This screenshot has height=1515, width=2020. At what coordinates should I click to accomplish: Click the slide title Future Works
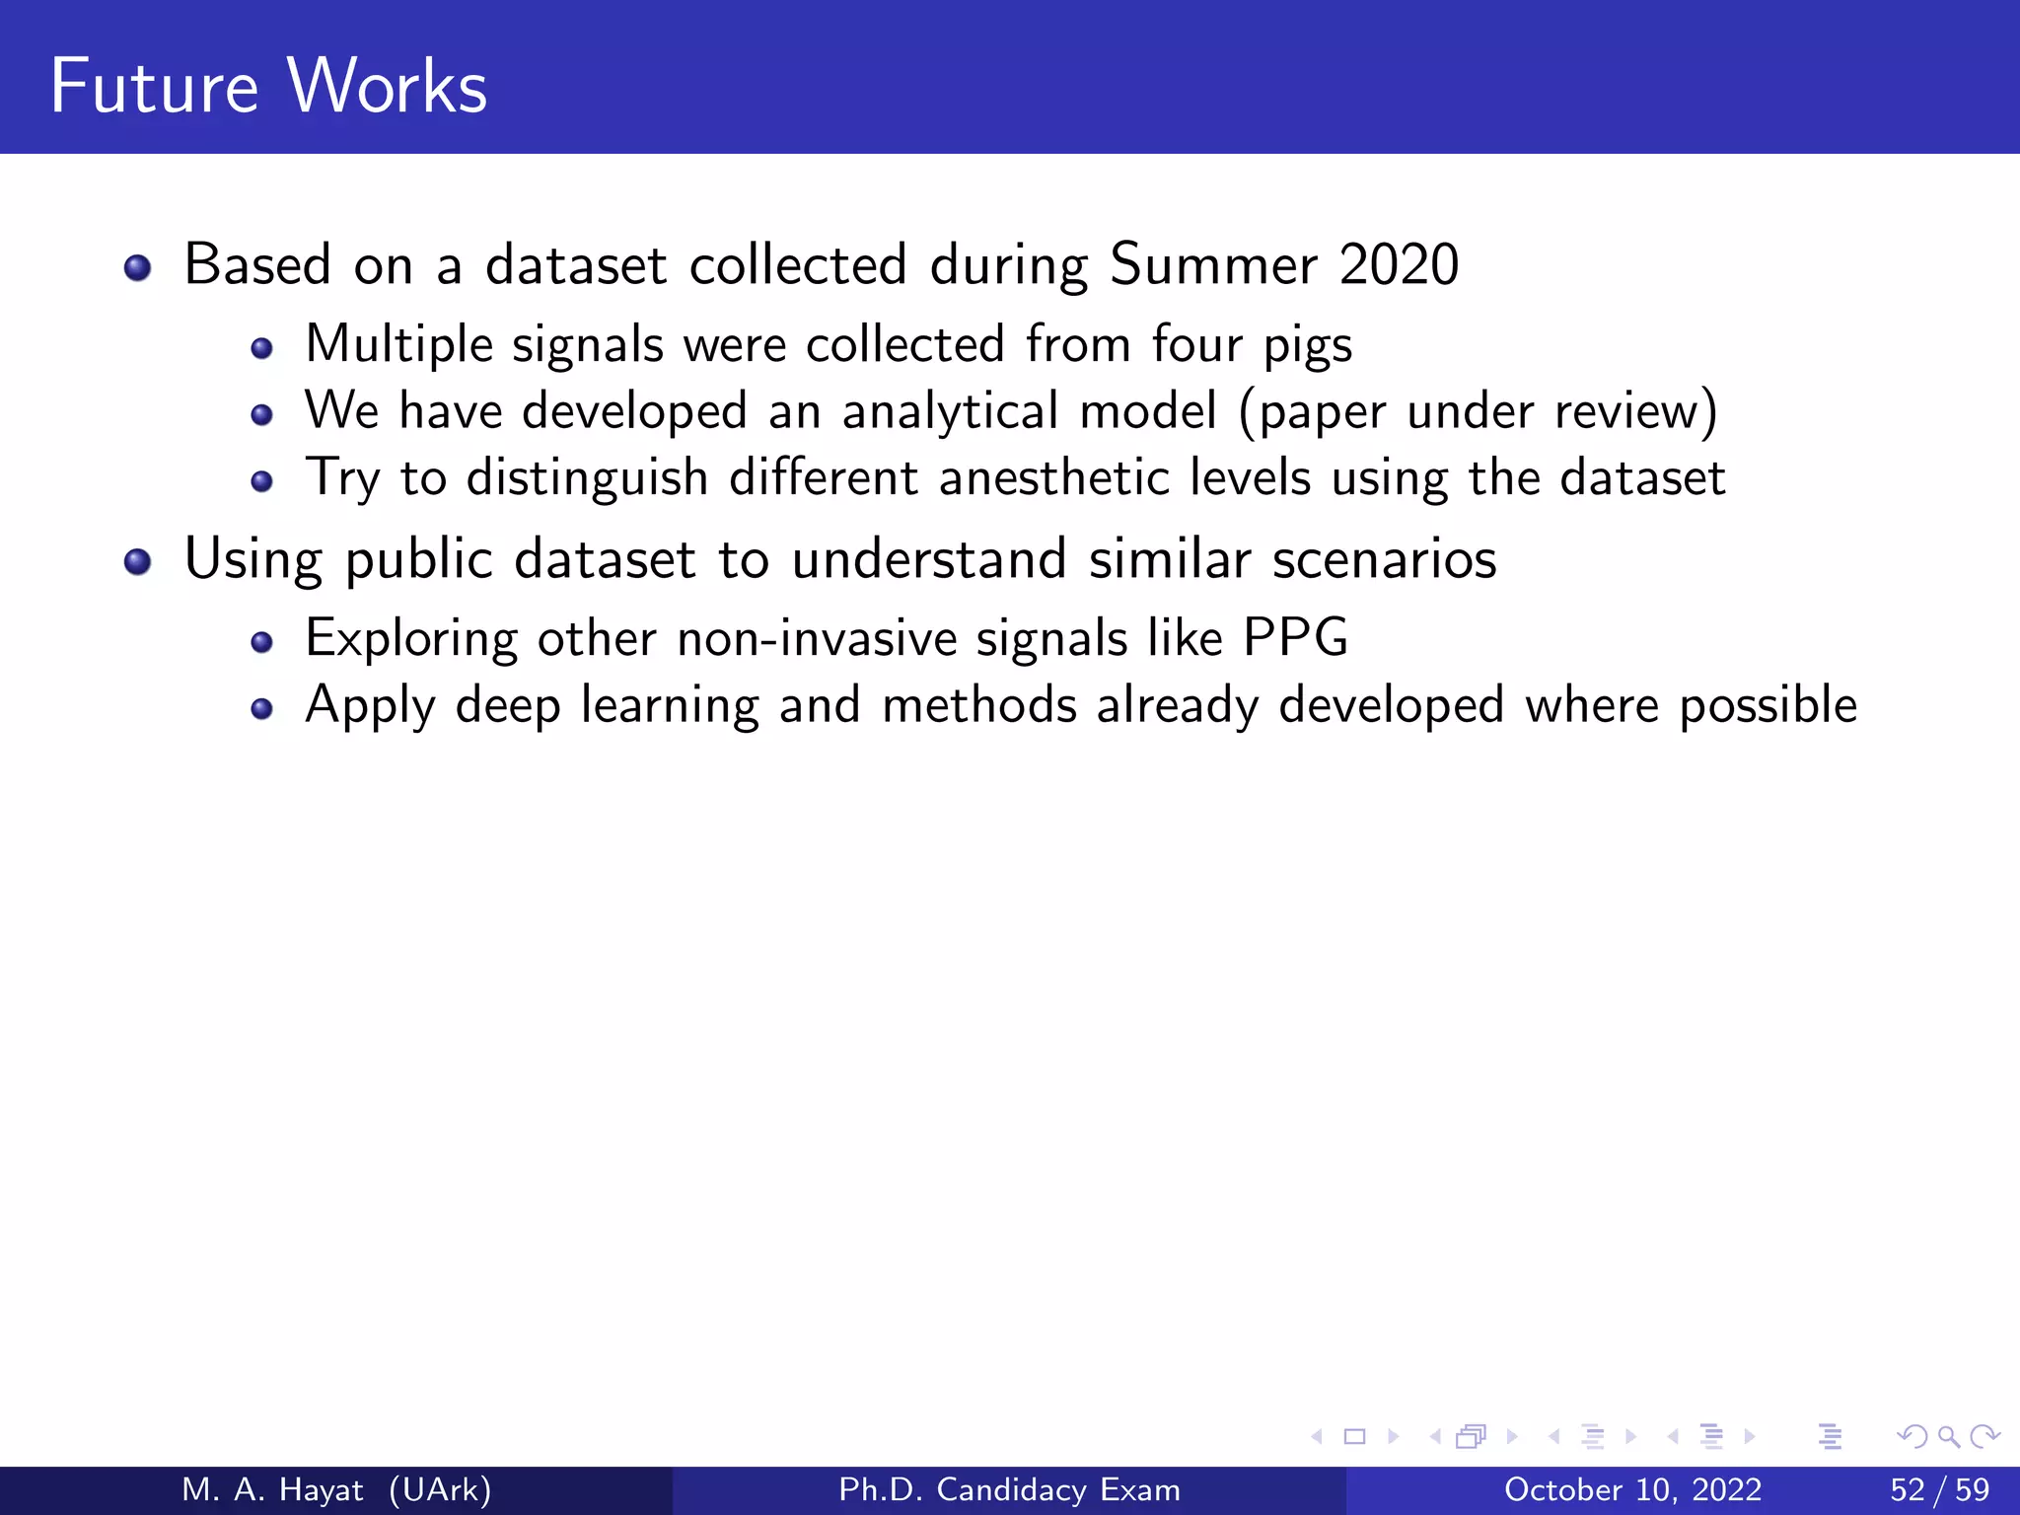pos(268,87)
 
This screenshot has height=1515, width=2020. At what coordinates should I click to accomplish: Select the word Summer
pos(1213,265)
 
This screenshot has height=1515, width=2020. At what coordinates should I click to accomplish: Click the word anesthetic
pos(1053,478)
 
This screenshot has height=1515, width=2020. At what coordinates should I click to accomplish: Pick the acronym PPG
pos(1295,638)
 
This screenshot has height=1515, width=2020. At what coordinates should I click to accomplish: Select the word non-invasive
pos(817,638)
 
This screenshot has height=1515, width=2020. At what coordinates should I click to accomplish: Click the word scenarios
pos(1384,559)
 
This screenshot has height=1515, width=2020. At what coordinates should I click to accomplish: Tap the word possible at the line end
pos(1767,706)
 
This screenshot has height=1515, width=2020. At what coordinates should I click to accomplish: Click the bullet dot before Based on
pos(138,267)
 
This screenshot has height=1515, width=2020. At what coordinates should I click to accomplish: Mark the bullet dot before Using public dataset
pos(138,562)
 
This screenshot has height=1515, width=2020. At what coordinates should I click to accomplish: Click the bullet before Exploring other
pos(261,643)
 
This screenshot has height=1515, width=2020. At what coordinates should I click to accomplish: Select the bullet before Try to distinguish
pos(261,481)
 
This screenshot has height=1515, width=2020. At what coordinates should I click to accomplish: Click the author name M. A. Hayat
pos(272,1490)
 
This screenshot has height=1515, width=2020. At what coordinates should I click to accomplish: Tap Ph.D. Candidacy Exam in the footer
pos(1009,1490)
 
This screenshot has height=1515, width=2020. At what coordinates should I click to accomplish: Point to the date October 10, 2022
pos(1632,1490)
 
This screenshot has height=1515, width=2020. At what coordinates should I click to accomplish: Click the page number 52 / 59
pos(1939,1490)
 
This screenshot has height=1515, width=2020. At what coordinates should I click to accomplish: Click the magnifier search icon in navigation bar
pos(1948,1437)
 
